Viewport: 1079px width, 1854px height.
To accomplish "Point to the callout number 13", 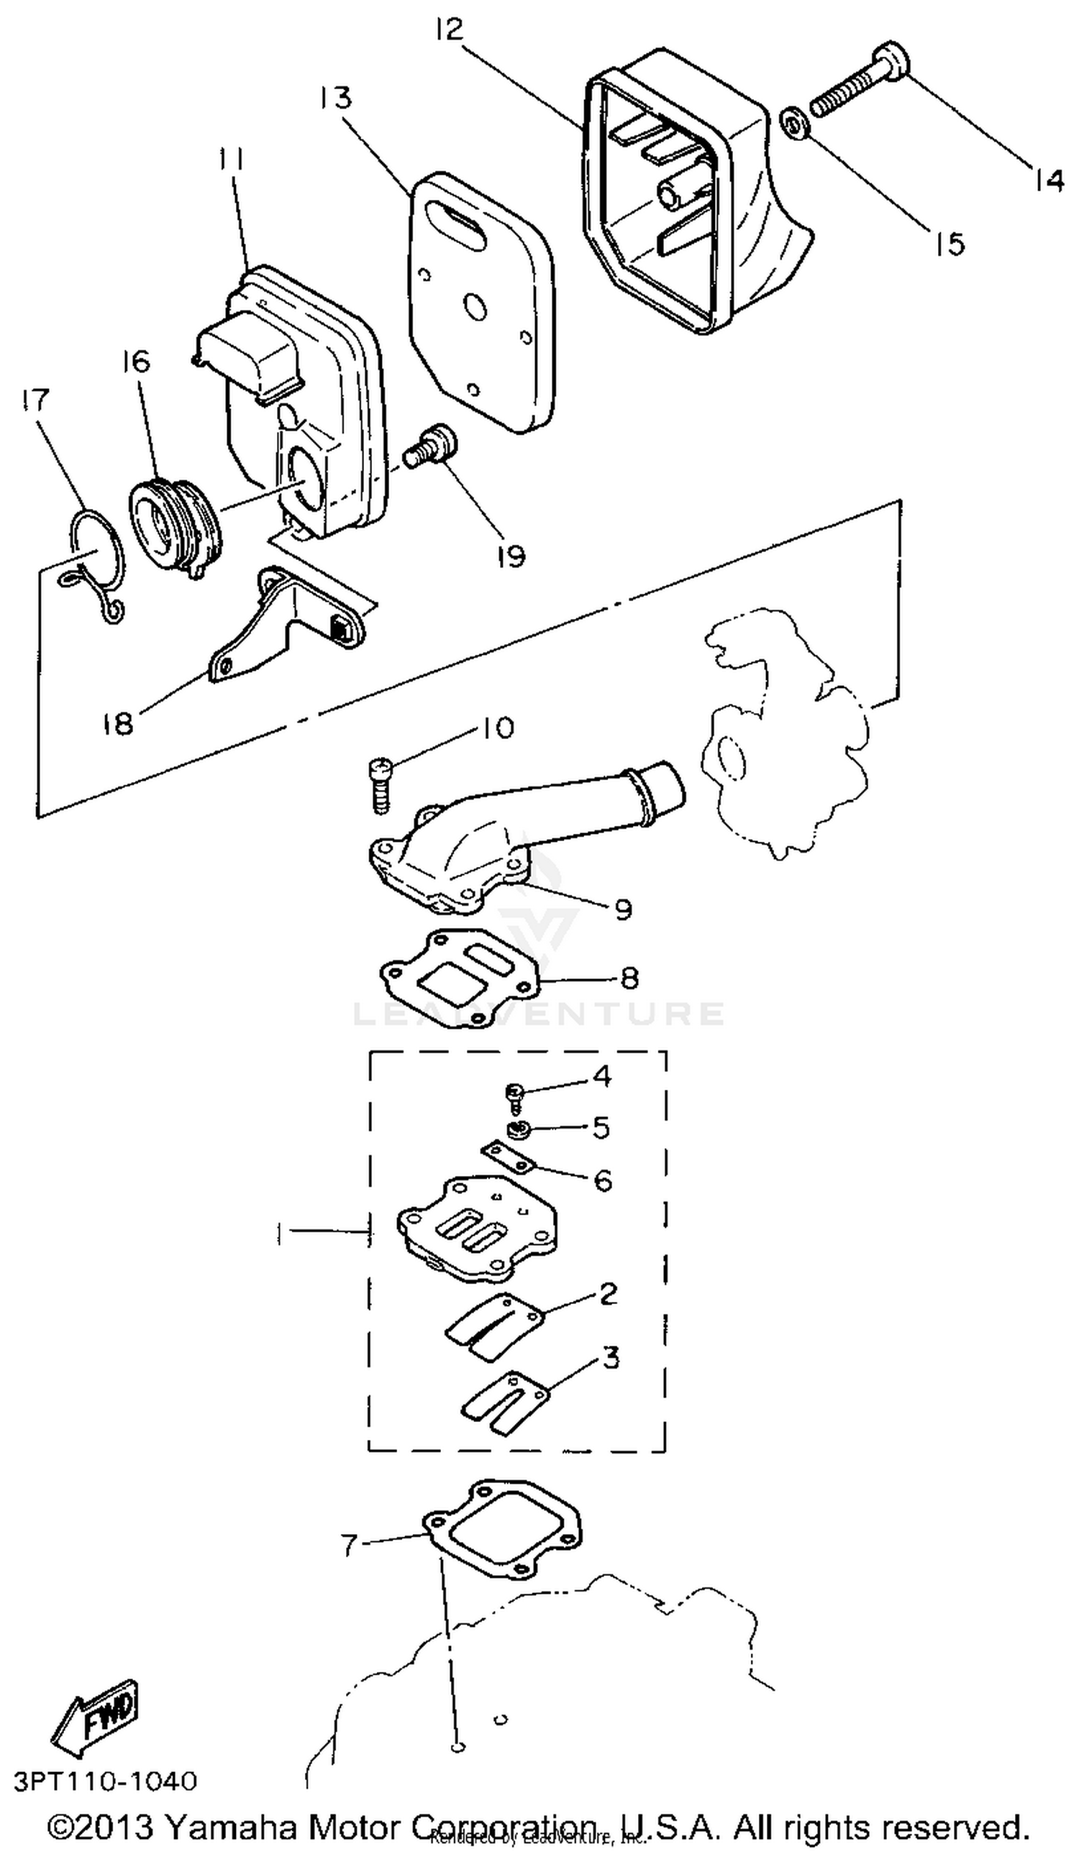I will click(x=337, y=98).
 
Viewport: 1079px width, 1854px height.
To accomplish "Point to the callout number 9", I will click(x=623, y=910).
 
